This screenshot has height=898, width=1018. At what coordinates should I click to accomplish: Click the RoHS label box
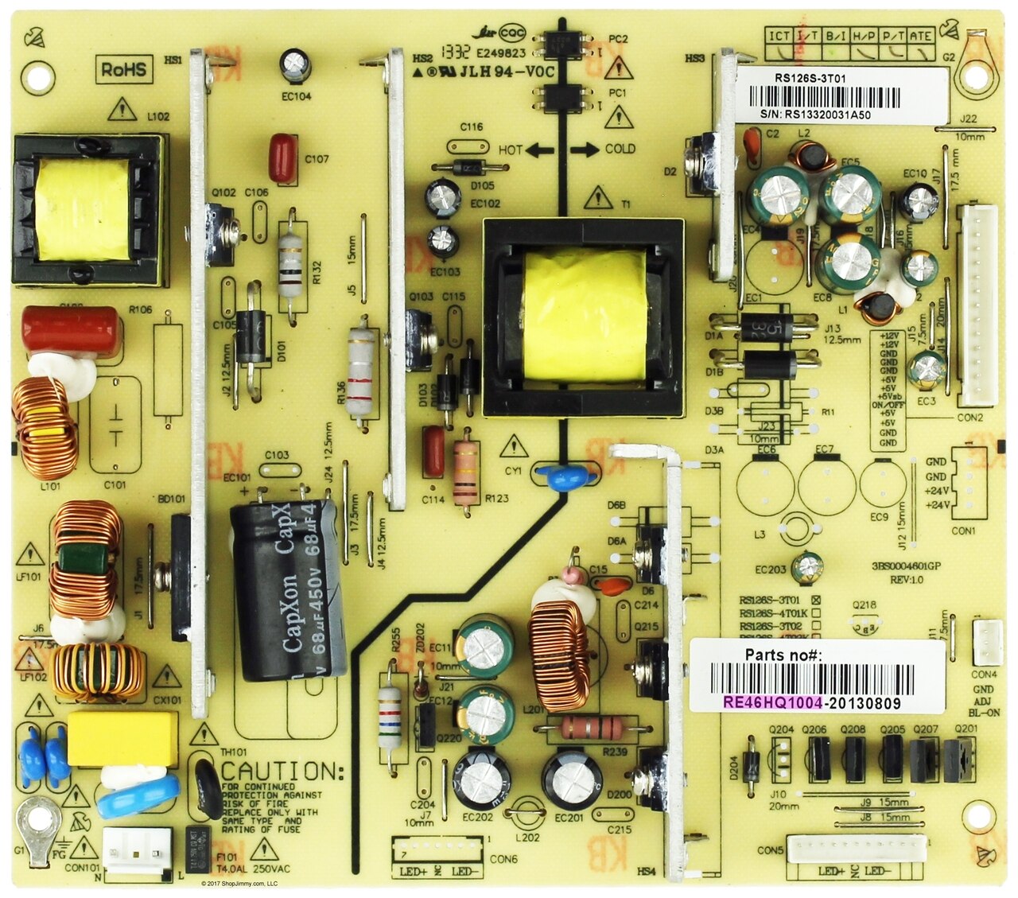[124, 69]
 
